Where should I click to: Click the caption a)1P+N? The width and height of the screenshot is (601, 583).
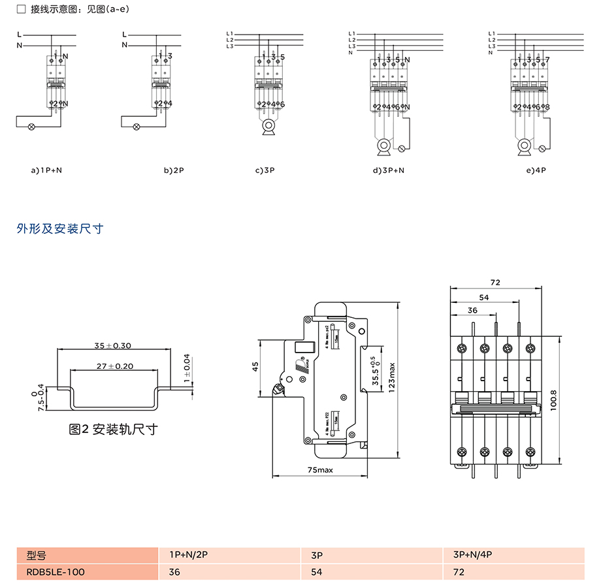point(46,171)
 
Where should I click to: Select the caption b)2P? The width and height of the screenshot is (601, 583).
point(174,171)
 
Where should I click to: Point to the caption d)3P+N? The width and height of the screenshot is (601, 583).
point(389,171)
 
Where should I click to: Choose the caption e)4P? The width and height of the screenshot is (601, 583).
point(535,171)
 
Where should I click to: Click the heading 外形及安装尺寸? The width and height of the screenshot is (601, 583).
point(59,228)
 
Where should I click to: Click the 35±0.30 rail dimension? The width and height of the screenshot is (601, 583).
point(113,345)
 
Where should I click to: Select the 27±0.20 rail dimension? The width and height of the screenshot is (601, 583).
point(114,366)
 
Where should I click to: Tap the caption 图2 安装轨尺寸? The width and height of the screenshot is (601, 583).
point(113,430)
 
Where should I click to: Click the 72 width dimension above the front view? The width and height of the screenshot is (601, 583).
point(495,283)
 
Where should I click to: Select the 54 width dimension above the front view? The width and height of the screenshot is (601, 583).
point(484,296)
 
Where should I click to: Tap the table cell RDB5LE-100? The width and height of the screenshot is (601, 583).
point(56,572)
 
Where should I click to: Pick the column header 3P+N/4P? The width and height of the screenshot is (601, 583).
point(472,556)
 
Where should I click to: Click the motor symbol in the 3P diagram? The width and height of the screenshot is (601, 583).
point(268,127)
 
